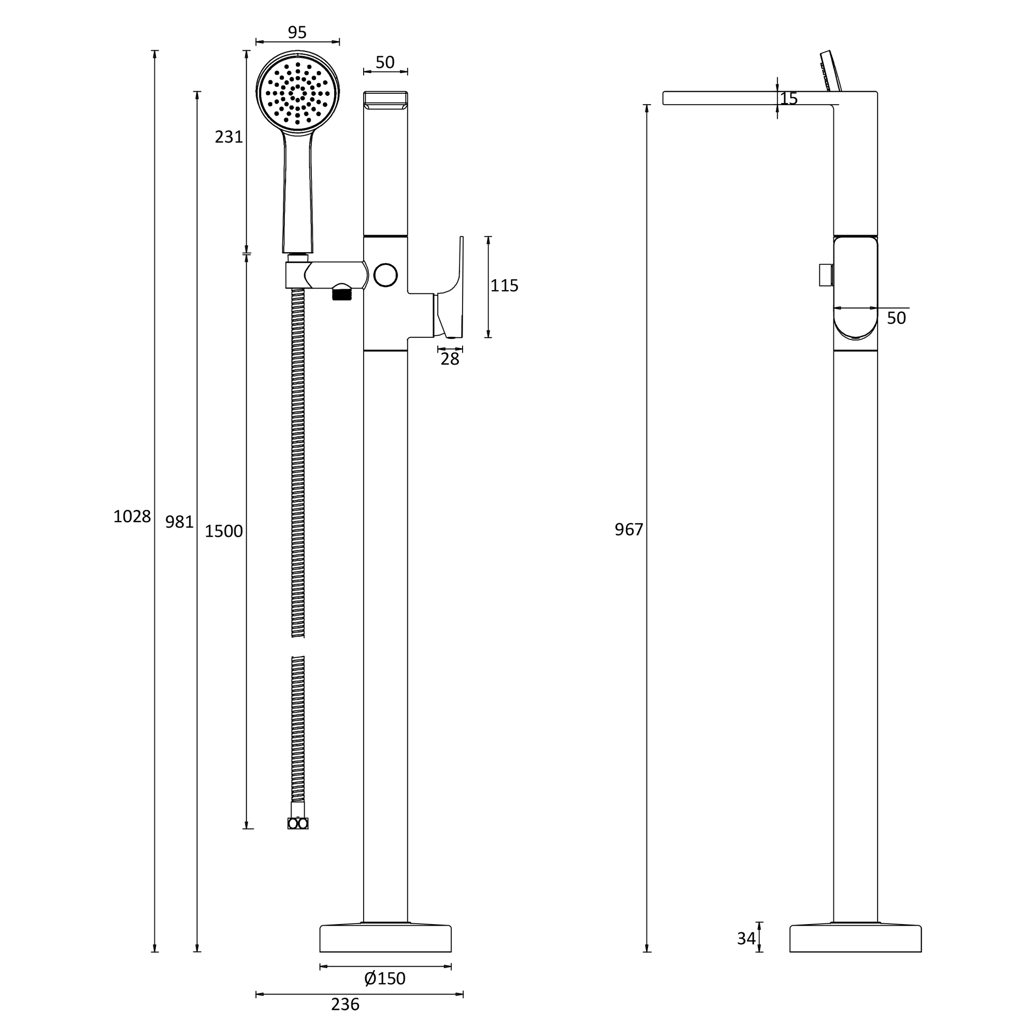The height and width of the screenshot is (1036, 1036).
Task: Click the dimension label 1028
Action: [132, 516]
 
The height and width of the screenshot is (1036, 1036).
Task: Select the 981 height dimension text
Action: [179, 522]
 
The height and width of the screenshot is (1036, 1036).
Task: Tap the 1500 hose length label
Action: [224, 531]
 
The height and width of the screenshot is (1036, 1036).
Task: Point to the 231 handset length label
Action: [229, 137]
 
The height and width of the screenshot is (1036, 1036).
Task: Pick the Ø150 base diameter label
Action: [385, 979]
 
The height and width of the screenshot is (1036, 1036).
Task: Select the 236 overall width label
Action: [345, 1004]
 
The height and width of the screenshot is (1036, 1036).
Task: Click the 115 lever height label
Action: [504, 286]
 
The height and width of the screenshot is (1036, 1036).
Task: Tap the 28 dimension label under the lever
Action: [450, 359]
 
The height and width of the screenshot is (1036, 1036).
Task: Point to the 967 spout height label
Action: [628, 530]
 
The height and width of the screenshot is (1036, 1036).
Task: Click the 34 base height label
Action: [746, 939]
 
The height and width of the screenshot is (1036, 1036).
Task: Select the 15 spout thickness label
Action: [789, 98]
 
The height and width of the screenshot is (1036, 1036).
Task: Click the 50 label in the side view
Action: [896, 319]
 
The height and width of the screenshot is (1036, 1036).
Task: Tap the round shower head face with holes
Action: [298, 93]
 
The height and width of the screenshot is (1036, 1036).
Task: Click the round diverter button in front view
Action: [385, 275]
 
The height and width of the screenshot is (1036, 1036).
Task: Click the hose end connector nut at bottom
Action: [298, 824]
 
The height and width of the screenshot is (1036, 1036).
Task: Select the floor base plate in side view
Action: [855, 939]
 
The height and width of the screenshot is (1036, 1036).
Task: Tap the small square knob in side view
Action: [825, 275]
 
